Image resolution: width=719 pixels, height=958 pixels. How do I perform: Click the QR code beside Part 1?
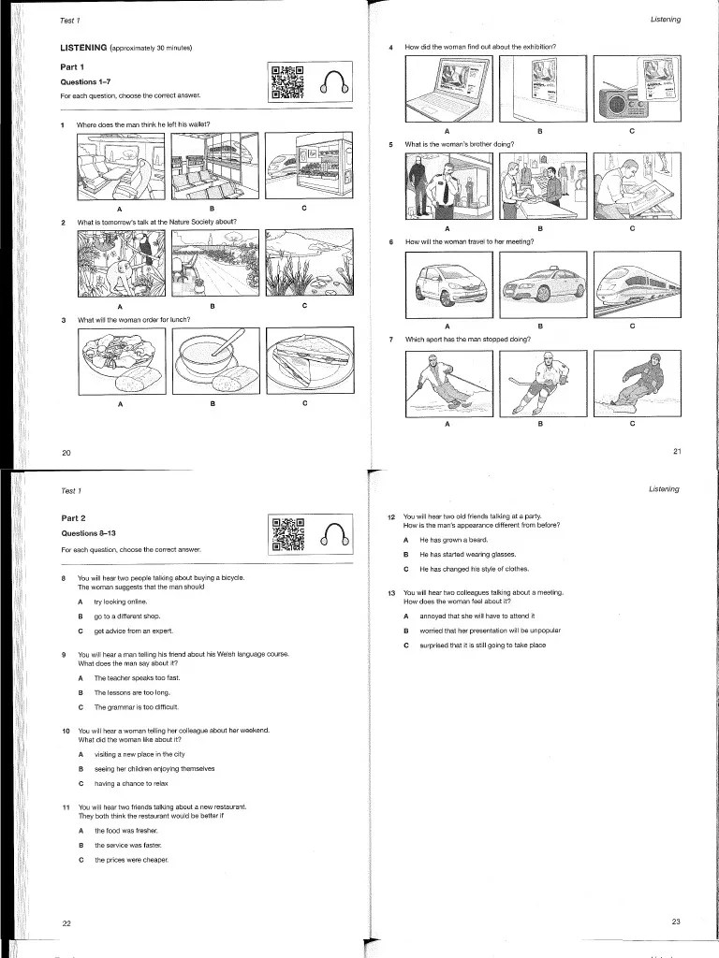point(287,82)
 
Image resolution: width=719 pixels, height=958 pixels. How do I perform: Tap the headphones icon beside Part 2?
point(335,533)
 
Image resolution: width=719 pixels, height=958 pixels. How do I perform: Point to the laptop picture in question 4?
point(448,87)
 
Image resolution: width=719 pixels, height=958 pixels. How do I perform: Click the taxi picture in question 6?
point(540,285)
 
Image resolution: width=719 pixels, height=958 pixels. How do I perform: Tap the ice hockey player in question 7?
point(540,383)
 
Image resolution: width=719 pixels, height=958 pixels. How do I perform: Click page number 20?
point(66,453)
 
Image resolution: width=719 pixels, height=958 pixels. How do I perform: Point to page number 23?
point(676,922)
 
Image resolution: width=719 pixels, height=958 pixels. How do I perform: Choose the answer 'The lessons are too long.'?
point(129,691)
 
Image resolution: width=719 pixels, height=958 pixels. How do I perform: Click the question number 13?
point(390,593)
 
